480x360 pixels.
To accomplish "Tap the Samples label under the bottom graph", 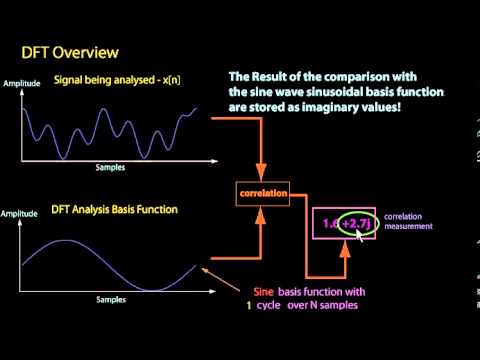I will (110, 299).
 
